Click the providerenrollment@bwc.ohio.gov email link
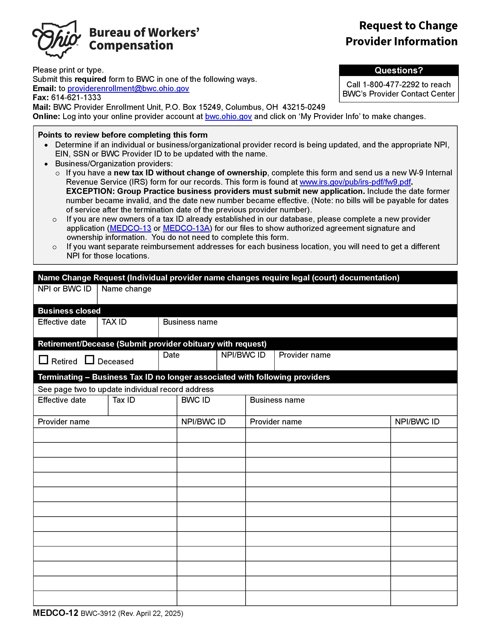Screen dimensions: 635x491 128,88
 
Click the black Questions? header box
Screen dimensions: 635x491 398,70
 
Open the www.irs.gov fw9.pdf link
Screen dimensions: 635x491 355,182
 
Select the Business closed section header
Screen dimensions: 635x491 69,311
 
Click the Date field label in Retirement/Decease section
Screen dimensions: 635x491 171,355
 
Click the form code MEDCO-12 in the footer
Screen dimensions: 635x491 56,613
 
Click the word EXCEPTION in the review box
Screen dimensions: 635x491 91,191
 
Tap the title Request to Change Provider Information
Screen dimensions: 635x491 401,33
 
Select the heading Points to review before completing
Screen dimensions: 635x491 123,135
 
